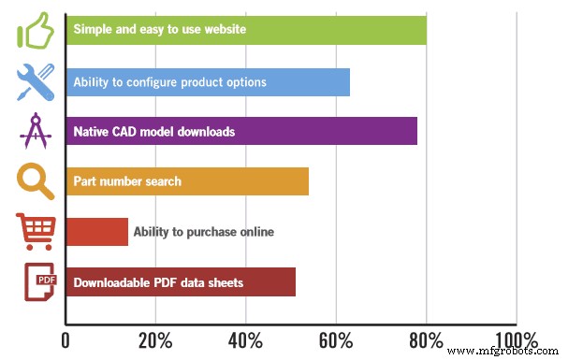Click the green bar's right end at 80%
coord(424,30)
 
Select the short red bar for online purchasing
coord(96,232)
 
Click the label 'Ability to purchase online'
coord(203,232)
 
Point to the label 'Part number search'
coord(127,181)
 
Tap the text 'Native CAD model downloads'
coord(153,132)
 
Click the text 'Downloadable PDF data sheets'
coord(158,282)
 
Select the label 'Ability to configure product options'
coord(169,82)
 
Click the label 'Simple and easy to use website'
coord(159,30)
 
